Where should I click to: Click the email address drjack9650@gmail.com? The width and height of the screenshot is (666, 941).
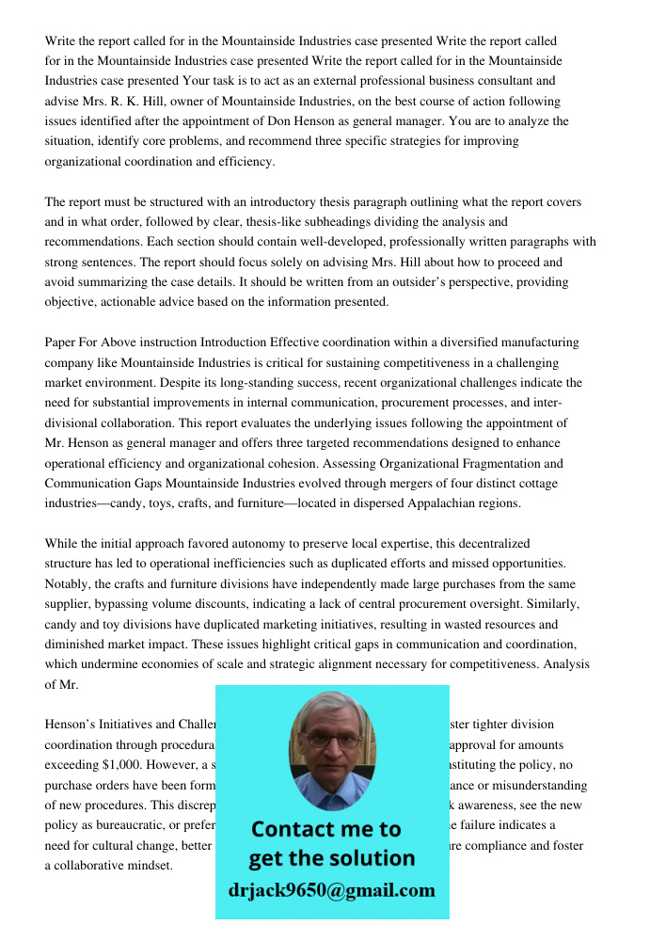pos(331,890)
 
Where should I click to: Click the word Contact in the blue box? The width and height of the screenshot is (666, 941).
pos(296,829)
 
